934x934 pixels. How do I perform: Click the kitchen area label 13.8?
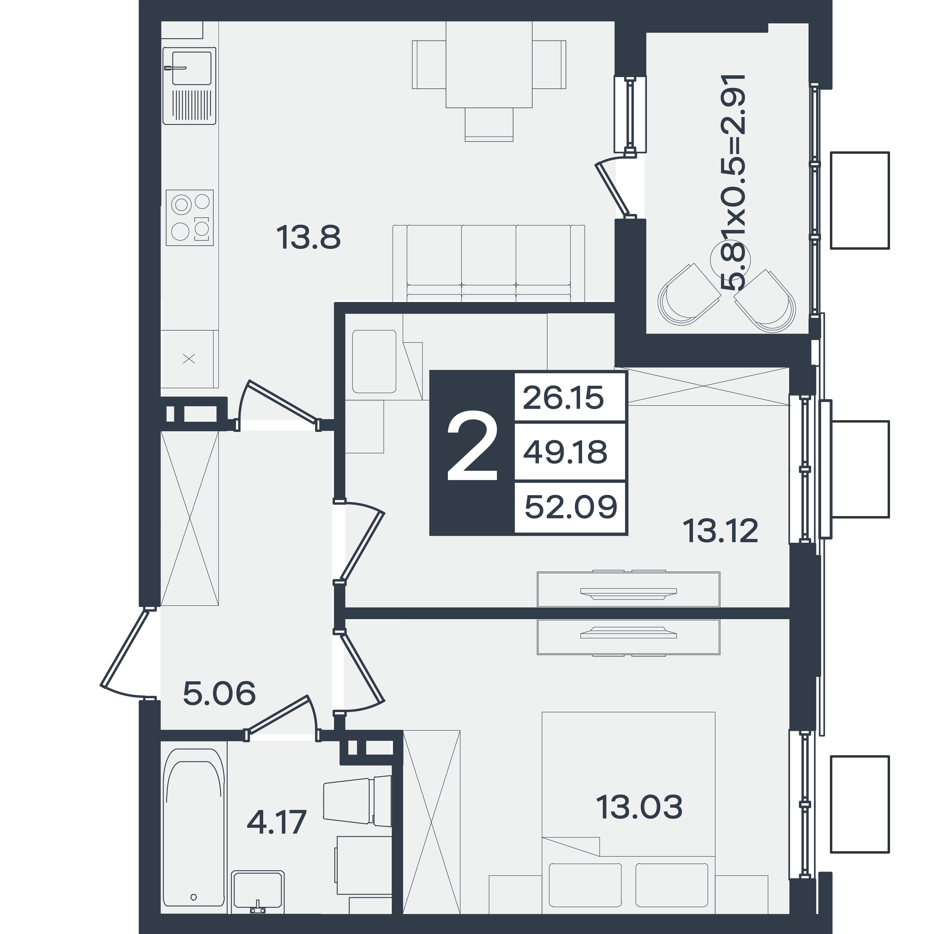(308, 238)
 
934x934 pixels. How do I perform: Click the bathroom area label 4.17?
(277, 822)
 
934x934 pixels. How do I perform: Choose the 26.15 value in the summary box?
(563, 398)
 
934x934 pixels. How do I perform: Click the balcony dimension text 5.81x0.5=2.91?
(733, 182)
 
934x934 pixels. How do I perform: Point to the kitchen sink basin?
(191, 68)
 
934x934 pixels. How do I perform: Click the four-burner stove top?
(189, 218)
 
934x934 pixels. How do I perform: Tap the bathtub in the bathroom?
(194, 828)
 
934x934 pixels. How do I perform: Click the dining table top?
(489, 64)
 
